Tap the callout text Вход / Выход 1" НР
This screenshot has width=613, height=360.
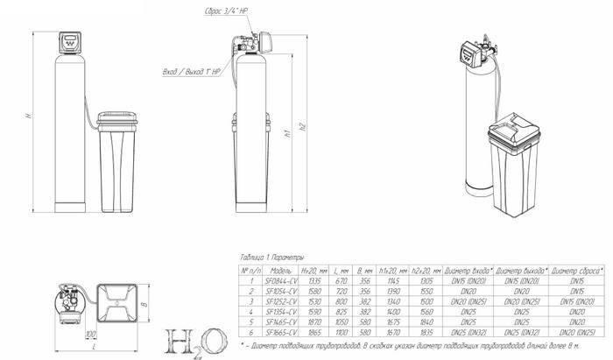point(188,71)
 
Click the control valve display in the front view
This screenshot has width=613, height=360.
point(68,39)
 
